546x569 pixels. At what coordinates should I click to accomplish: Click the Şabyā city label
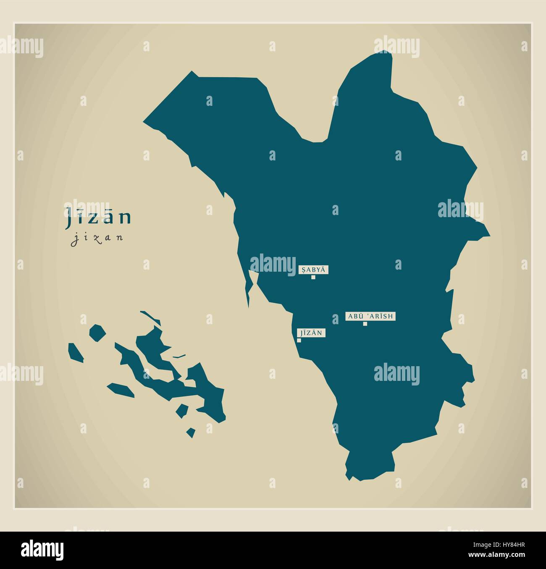313,270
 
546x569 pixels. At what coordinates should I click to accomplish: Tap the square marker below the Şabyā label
313,277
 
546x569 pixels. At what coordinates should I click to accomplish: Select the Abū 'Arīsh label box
370,316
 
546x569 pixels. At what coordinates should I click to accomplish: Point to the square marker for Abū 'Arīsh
365,323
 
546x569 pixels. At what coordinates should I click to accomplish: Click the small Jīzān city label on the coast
311,333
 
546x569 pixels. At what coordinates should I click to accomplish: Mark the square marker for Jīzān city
299,340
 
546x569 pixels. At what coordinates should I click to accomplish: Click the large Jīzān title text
98,218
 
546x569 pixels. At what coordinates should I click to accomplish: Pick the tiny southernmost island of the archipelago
191,432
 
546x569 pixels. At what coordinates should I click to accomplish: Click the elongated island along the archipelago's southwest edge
121,389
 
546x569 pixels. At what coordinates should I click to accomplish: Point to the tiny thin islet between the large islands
179,357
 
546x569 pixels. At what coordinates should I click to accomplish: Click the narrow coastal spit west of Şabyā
251,286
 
